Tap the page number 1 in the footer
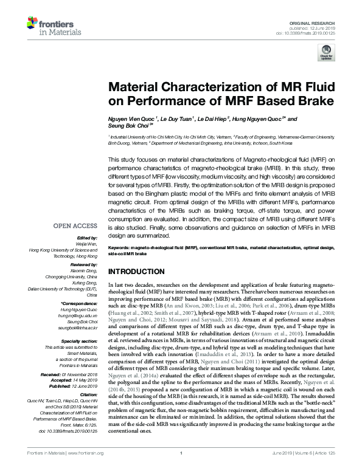[x=181, y=469]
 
